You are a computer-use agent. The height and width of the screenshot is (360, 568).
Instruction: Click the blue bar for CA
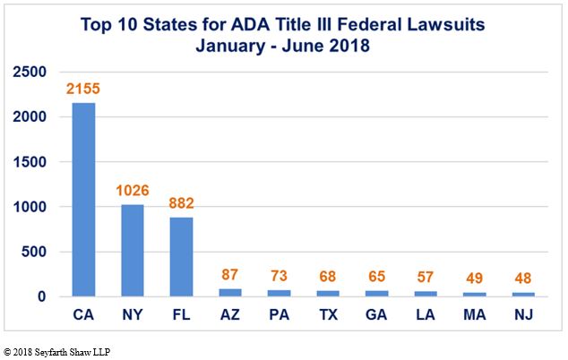point(83,200)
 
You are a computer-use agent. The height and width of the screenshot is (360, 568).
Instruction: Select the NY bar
point(133,251)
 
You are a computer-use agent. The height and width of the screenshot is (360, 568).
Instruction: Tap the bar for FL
point(181,257)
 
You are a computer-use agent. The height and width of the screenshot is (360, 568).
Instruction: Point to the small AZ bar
point(230,293)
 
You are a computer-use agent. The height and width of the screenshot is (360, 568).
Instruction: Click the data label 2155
point(83,89)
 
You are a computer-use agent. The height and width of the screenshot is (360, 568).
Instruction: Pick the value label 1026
point(133,191)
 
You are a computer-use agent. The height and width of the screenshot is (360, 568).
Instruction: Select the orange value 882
point(182,203)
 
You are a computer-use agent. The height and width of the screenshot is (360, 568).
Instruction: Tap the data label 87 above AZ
point(229,275)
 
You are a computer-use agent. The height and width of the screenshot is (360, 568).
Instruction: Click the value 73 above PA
point(279,276)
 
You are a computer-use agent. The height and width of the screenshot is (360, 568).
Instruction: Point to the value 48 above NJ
point(523,279)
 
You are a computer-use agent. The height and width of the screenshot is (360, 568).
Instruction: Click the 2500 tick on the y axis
point(30,72)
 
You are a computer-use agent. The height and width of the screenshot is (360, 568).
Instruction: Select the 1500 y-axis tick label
point(30,162)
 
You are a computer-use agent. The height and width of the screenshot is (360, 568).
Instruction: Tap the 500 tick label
point(34,252)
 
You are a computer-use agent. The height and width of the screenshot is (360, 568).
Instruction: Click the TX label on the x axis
point(329,314)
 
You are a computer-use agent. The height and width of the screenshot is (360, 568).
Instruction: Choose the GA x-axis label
point(376,314)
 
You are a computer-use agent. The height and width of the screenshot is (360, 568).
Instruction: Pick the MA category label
point(475,314)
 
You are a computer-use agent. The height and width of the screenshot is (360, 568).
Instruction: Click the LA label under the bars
point(426,314)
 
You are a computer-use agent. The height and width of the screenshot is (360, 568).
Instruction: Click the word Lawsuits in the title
point(446,25)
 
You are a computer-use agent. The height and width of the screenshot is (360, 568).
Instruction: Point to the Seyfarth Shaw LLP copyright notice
point(56,352)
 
